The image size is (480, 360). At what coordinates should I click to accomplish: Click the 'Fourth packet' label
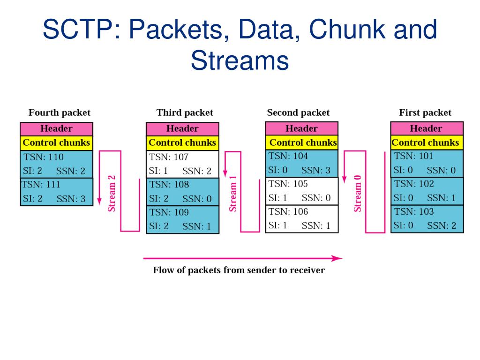coord(60,113)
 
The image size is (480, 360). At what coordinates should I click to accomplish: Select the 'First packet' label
coord(425,113)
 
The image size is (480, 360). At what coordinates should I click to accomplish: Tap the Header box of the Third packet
coord(182,129)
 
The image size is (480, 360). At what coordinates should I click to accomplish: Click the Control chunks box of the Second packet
coord(301,142)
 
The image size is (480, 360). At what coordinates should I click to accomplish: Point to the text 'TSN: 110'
coord(44,157)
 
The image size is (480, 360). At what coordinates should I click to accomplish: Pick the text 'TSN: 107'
coord(169,157)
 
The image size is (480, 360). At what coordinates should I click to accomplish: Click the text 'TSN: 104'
coord(288,156)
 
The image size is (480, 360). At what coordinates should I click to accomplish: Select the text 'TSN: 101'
coord(413,156)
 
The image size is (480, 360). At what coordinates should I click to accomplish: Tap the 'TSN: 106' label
coord(288,211)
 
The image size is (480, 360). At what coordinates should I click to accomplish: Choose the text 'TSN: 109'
coord(169,212)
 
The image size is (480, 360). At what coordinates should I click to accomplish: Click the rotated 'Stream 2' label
coord(112,194)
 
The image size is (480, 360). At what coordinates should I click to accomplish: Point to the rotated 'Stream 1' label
coord(233,194)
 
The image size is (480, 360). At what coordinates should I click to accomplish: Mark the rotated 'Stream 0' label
coord(357,194)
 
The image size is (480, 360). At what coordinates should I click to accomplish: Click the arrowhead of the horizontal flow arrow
coord(337,258)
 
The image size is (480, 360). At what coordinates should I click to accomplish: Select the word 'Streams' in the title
coord(240,60)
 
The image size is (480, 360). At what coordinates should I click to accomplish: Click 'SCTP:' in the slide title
coord(82,29)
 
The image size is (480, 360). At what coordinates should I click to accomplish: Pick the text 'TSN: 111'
coord(41,185)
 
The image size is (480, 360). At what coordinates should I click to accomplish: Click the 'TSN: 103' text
coord(414,211)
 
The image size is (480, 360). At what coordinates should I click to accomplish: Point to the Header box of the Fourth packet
coord(56,129)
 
